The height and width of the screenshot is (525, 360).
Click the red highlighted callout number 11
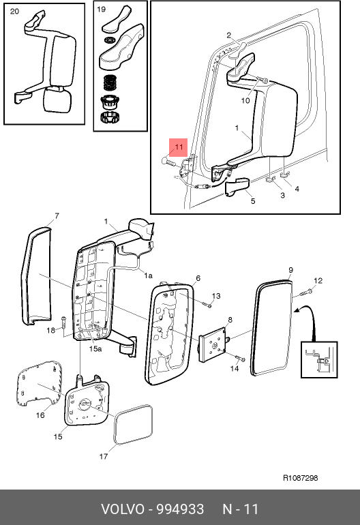179,147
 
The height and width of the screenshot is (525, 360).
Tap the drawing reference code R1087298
301,478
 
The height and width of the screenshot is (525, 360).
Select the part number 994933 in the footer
180,509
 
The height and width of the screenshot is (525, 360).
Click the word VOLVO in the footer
123,509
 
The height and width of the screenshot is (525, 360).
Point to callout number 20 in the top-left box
14,12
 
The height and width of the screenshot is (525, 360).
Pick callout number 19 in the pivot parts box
101,10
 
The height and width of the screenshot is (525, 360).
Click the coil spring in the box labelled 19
110,82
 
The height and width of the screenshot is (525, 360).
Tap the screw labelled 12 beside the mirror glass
306,293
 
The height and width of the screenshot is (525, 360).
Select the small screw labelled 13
207,304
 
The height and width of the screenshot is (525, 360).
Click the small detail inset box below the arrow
319,359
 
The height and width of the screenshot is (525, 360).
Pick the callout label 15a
95,349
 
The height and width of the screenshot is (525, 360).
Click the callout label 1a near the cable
149,275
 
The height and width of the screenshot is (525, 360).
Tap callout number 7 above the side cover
57,216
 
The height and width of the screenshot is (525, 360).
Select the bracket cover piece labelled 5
237,187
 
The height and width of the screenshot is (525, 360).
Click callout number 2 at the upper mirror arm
228,35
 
